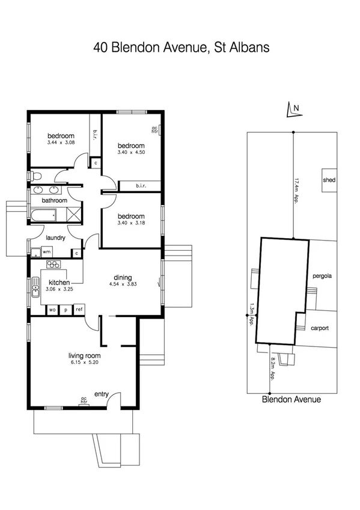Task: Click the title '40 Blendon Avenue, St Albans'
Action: (x=181, y=47)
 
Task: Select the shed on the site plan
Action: (x=329, y=180)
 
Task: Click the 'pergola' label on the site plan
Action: (x=322, y=277)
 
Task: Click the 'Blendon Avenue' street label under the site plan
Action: (x=291, y=399)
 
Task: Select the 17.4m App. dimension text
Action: (x=296, y=191)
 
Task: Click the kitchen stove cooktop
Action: (x=55, y=265)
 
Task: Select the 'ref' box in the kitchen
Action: (x=79, y=309)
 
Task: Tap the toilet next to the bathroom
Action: (x=35, y=176)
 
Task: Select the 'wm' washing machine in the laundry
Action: (x=46, y=252)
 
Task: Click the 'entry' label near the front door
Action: (x=100, y=395)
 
